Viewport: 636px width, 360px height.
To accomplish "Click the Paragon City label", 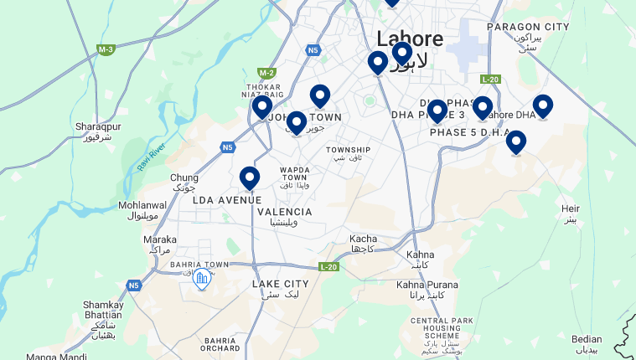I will click(528, 27).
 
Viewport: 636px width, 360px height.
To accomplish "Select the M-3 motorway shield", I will click(105, 50).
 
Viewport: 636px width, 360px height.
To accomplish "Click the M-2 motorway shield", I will click(266, 73).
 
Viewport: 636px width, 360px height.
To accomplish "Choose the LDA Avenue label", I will click(227, 200).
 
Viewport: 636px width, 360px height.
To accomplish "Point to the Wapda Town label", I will click(296, 173).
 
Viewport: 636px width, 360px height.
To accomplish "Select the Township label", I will click(348, 150).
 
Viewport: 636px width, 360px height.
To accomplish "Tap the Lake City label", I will click(281, 285).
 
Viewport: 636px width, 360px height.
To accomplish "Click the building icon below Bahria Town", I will click(201, 280).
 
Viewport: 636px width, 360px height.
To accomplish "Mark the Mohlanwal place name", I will click(142, 205).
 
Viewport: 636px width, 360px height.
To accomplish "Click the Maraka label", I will click(159, 239).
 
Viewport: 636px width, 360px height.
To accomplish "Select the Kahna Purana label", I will click(427, 285).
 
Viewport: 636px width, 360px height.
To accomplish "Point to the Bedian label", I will click(587, 340).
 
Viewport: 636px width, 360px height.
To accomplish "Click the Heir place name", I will click(571, 208).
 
